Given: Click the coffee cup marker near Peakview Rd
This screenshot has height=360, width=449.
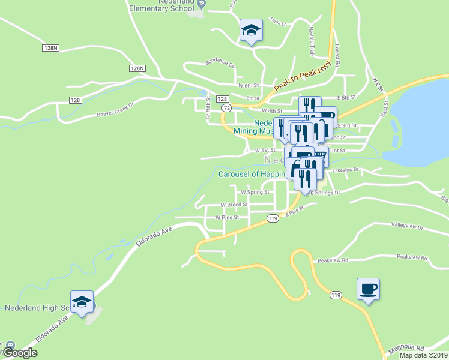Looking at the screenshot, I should (368, 289).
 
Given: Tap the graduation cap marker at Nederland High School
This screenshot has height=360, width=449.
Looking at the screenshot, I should (82, 302).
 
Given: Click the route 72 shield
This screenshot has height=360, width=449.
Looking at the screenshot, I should (226, 107).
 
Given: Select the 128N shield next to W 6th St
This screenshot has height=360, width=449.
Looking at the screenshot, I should (137, 68).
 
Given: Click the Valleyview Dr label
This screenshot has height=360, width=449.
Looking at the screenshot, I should (407, 228).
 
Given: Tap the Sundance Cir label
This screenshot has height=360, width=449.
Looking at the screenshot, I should (220, 62).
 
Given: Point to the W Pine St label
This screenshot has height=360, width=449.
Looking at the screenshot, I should (228, 217).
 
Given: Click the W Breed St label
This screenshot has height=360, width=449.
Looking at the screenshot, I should (234, 205).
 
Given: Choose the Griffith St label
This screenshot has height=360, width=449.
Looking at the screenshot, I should (208, 109).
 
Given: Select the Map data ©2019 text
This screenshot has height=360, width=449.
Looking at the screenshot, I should (423, 355).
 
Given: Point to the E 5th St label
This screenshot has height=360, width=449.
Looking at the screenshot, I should (346, 97).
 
